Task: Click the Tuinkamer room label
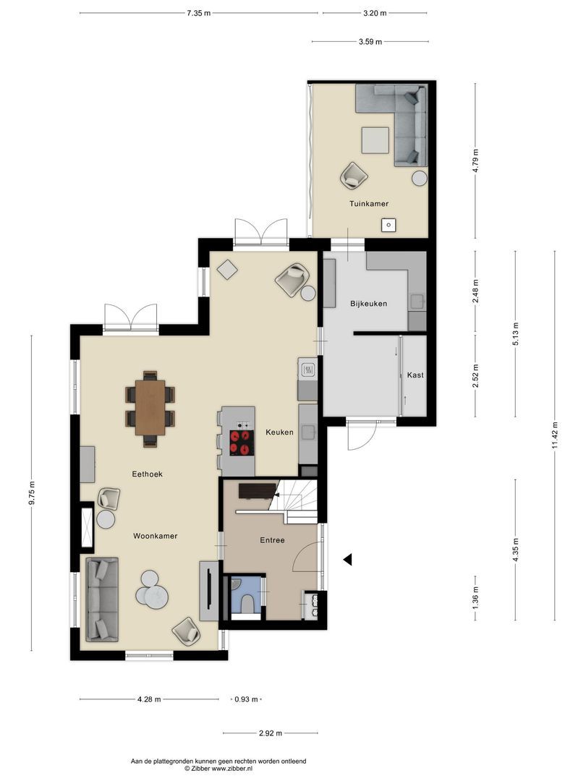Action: [369, 204]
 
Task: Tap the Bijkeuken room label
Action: [368, 304]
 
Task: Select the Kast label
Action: [415, 375]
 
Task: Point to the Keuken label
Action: [279, 432]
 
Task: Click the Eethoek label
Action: [147, 474]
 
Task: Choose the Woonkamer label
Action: [155, 536]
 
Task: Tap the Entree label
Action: [272, 540]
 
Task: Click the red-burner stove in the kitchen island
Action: [242, 443]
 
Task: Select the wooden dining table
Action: [150, 406]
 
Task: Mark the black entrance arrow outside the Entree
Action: [347, 559]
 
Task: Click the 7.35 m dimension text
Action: [198, 13]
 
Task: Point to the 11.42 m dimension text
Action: [554, 436]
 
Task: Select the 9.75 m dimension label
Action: [33, 493]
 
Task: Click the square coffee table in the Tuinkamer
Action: [375, 140]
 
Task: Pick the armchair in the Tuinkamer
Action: [354, 175]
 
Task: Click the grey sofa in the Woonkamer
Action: [102, 599]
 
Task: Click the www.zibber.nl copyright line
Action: [218, 769]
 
